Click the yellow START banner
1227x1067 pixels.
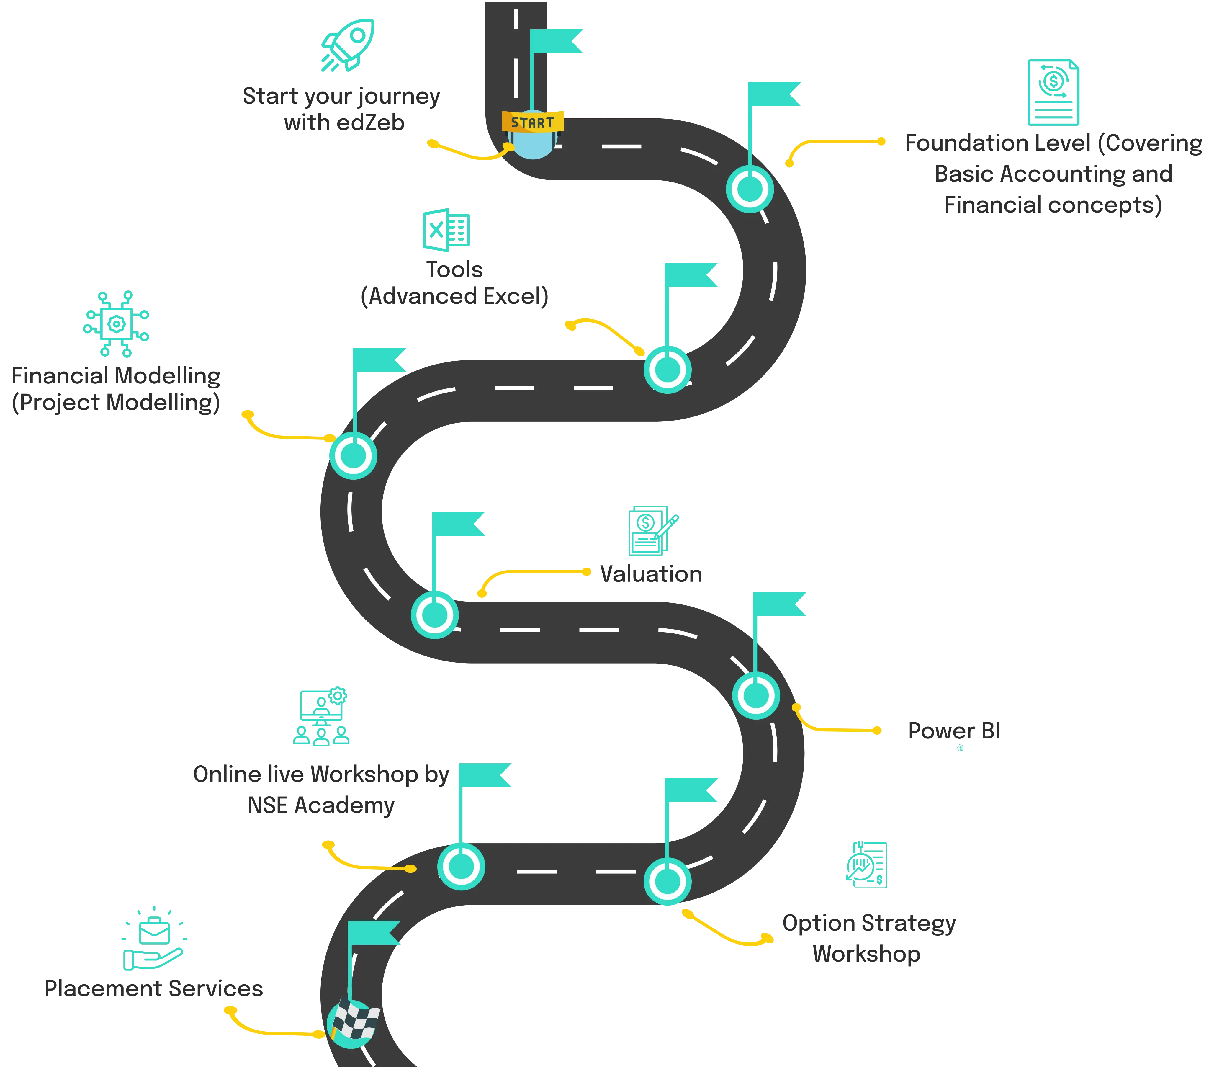coord(532,122)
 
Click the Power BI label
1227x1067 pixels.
coord(954,730)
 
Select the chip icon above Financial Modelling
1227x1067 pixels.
coord(116,324)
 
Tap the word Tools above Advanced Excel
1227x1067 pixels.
coord(454,270)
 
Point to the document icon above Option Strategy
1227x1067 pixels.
coord(867,865)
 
